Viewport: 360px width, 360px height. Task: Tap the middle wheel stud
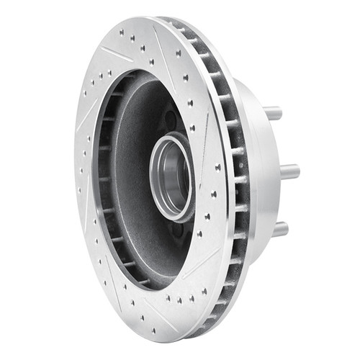(289, 171)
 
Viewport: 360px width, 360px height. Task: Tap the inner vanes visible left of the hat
(103, 180)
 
